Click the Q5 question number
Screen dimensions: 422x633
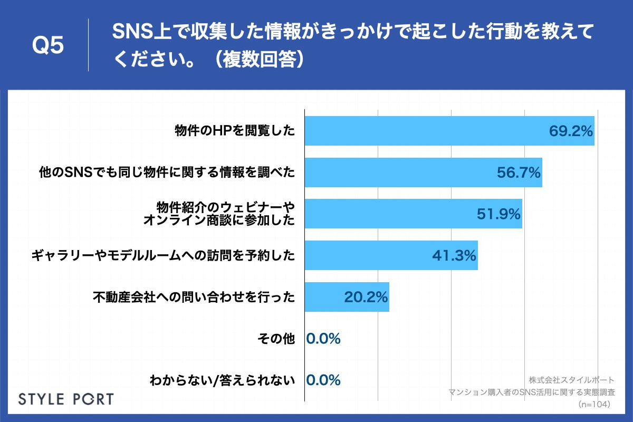[x=48, y=46]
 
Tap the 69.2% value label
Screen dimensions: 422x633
[x=571, y=131]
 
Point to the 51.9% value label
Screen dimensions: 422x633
[x=498, y=214]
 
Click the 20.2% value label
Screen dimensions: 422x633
[x=366, y=297]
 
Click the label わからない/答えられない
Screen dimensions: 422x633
[x=222, y=380]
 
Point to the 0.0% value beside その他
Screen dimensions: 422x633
[x=323, y=339]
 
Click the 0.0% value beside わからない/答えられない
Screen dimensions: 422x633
[x=323, y=380]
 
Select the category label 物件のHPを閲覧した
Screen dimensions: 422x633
[x=235, y=131]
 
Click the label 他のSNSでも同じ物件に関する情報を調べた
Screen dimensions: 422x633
[x=167, y=172]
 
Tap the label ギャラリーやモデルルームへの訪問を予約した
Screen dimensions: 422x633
[x=163, y=256]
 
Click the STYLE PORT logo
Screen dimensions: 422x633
[x=66, y=399]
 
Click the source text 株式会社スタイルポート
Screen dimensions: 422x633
[x=571, y=380]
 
